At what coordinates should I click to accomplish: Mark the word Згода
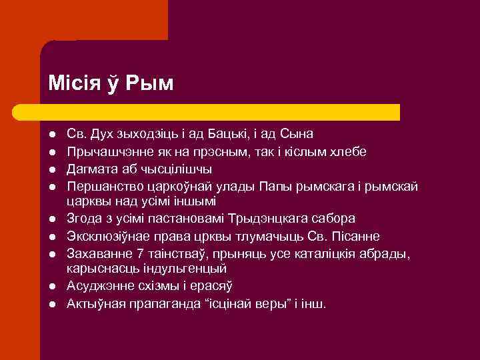point(84,219)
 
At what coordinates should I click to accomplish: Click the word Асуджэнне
point(99,286)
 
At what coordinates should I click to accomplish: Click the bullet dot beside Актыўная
point(53,304)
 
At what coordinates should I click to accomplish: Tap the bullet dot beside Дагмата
point(53,169)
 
